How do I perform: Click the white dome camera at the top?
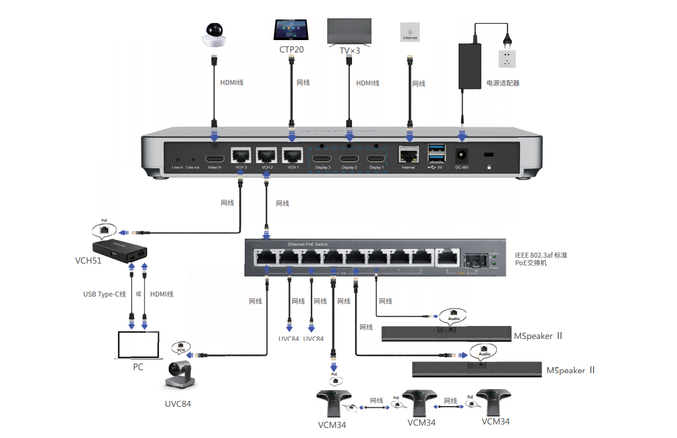click(x=214, y=35)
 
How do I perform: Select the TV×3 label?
click(x=349, y=51)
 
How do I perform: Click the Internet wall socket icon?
click(x=410, y=32)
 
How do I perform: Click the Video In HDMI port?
click(x=214, y=159)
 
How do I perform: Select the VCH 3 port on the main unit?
click(x=241, y=156)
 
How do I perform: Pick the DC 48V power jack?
click(x=462, y=156)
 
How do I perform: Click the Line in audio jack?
click(x=178, y=159)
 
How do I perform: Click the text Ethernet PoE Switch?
click(x=308, y=244)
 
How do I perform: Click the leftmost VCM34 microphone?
click(x=333, y=403)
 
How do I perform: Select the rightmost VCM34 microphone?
click(x=494, y=401)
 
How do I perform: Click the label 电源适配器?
click(x=502, y=83)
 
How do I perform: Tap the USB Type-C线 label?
click(x=105, y=294)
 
